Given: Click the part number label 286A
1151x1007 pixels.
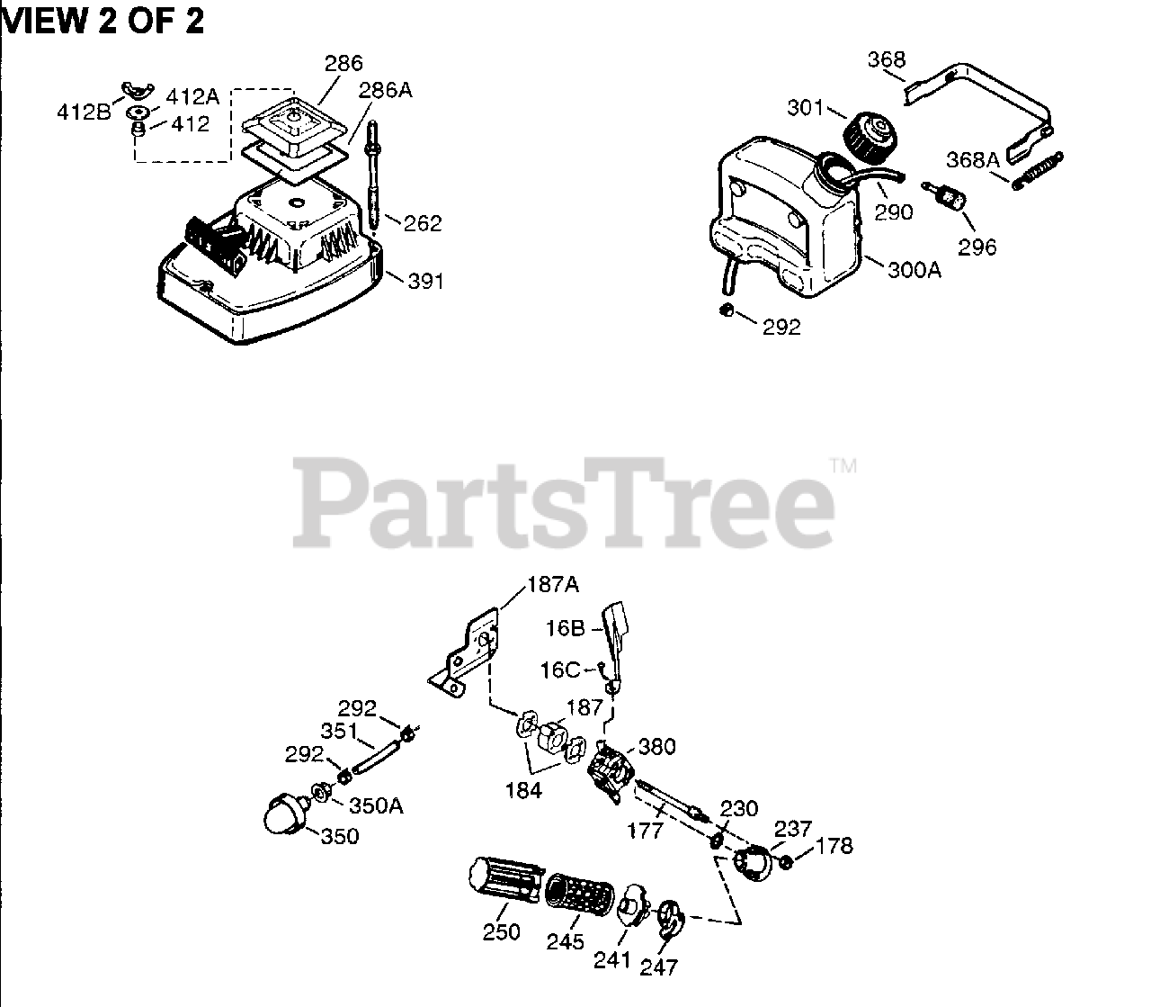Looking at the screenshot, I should pyautogui.click(x=385, y=91).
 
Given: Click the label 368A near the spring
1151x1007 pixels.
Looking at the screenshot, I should pyautogui.click(x=973, y=160).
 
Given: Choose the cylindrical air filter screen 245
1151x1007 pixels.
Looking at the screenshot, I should pyautogui.click(x=579, y=893).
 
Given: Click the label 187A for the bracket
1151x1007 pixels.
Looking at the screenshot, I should pyautogui.click(x=552, y=585).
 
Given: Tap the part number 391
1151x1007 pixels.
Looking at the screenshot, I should pyautogui.click(x=426, y=281).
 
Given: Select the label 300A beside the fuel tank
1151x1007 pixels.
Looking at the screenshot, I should pyautogui.click(x=915, y=269).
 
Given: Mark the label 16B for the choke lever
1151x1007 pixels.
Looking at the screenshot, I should pyautogui.click(x=566, y=628).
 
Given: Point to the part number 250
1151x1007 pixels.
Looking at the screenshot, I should pyautogui.click(x=501, y=931).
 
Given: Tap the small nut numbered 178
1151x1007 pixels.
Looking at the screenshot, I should pyautogui.click(x=784, y=862).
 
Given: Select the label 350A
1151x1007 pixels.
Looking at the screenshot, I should pyautogui.click(x=376, y=805).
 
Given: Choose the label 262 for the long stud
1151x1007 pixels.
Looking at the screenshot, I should pyautogui.click(x=422, y=223).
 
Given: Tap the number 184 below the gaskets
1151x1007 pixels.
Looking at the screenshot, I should pyautogui.click(x=523, y=790).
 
